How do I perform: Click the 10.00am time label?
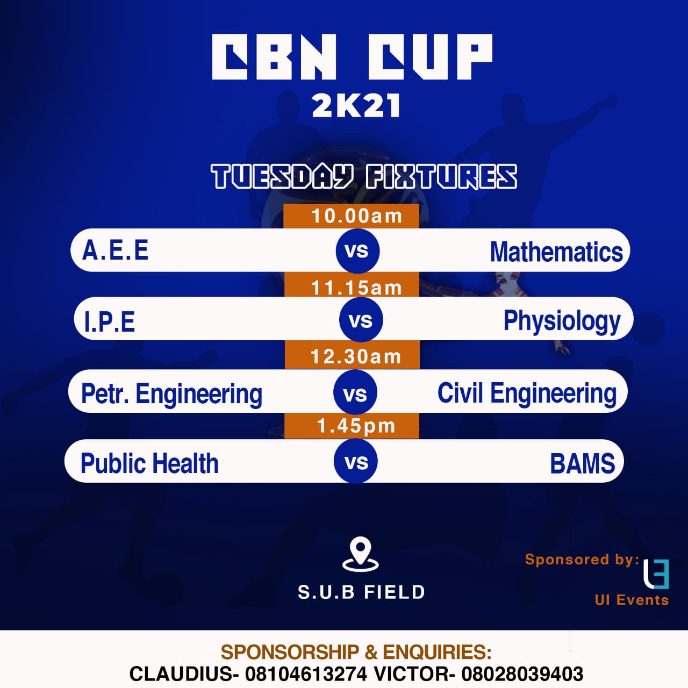(357, 216)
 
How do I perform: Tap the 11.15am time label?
(357, 288)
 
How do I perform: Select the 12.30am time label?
(356, 357)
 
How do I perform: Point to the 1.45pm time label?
(356, 426)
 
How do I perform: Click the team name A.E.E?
(115, 250)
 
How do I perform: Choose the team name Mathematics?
(556, 252)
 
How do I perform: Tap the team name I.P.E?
(109, 321)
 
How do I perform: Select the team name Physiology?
(562, 321)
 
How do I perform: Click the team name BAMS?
(583, 463)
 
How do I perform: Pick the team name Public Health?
(149, 463)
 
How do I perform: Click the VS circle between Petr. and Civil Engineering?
(355, 392)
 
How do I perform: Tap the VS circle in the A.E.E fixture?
(357, 250)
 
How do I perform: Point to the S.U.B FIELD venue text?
(361, 592)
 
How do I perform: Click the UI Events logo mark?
(656, 574)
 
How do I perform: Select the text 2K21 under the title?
(356, 106)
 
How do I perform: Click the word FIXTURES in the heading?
(441, 176)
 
